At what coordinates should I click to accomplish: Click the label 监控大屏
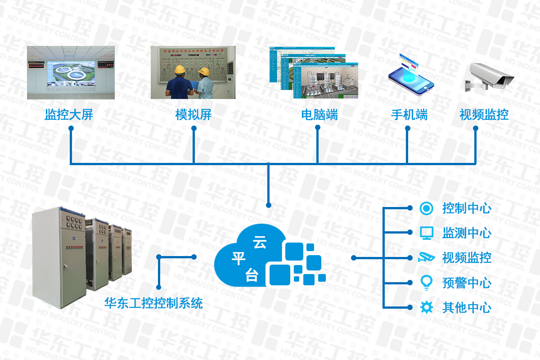point(69,115)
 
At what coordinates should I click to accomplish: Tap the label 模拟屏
point(193,115)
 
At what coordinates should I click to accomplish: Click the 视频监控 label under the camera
point(484,115)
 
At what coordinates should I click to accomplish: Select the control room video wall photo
point(71,72)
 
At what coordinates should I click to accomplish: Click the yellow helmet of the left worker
point(180,69)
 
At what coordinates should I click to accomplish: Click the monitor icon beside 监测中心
point(426,233)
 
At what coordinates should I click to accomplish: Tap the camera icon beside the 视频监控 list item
point(426,257)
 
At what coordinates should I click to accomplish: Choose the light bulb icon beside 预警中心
point(426,282)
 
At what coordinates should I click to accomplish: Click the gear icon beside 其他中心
point(426,307)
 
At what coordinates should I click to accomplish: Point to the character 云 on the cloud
point(260,243)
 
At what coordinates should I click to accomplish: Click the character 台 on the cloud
point(252,274)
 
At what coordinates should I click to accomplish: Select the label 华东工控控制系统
point(153,303)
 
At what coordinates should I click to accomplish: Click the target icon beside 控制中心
point(426,208)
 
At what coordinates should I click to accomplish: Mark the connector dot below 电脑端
point(318,127)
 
